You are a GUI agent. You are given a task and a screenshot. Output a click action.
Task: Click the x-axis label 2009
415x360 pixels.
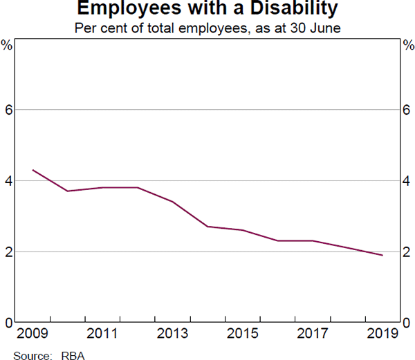pyautogui.click(x=32, y=334)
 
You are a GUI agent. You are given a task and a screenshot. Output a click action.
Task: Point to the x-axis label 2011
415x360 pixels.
pyautogui.click(x=102, y=334)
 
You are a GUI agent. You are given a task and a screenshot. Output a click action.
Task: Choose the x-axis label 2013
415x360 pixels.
pyautogui.click(x=172, y=334)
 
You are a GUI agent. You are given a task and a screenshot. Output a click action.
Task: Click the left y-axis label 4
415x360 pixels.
pyautogui.click(x=9, y=181)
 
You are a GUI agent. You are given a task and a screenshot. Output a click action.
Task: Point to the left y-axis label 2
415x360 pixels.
pyautogui.click(x=9, y=252)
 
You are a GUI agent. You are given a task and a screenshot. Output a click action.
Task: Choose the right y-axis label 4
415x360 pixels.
pyautogui.click(x=407, y=181)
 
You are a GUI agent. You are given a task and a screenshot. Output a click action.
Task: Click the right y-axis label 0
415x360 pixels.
pyautogui.click(x=407, y=323)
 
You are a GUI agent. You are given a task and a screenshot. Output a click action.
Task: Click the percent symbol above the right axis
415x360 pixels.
pyautogui.click(x=407, y=46)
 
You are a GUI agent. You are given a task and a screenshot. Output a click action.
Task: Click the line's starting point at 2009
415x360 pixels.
pyautogui.click(x=33, y=170)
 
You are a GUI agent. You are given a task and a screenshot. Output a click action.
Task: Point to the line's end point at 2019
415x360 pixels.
pyautogui.click(x=382, y=255)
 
